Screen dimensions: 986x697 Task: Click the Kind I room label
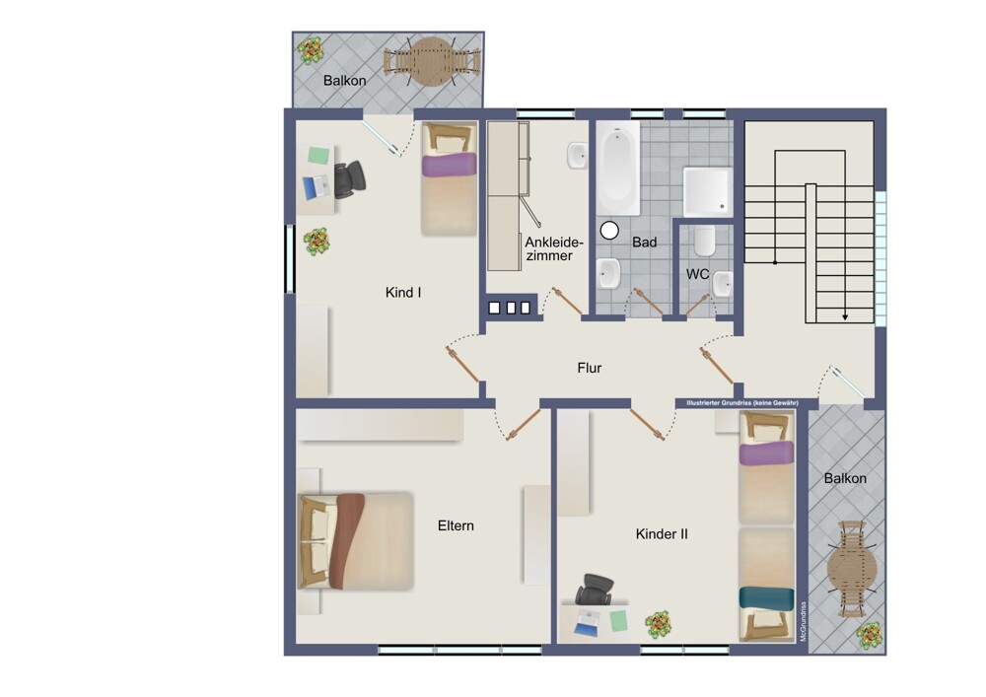[x=403, y=292]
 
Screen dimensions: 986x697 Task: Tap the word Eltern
[x=456, y=525]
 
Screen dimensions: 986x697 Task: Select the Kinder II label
[x=662, y=534]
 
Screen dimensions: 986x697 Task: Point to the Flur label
[x=590, y=368]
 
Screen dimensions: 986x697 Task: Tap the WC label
[x=697, y=274]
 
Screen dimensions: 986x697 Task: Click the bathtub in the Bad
[x=618, y=168]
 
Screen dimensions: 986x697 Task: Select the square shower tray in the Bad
[x=707, y=191]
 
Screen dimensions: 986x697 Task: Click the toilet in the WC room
[x=705, y=241]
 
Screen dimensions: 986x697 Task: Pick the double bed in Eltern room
[x=356, y=540]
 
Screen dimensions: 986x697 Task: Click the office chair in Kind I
[x=348, y=179]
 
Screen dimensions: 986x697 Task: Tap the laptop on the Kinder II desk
[x=588, y=622]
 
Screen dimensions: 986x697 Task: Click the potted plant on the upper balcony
[x=311, y=50]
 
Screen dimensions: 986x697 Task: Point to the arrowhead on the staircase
[x=845, y=317]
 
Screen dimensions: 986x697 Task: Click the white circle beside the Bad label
[x=609, y=231]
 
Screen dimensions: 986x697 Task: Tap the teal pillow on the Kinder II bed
[x=766, y=597]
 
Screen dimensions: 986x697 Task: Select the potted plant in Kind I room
[x=317, y=242]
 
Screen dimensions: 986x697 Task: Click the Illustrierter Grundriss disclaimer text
[x=742, y=403]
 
